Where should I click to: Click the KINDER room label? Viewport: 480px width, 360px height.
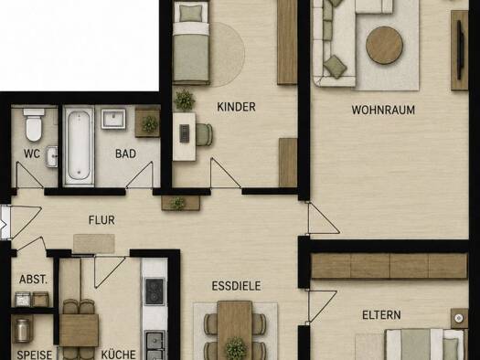(236, 107)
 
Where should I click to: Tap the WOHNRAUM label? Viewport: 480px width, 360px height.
(383, 110)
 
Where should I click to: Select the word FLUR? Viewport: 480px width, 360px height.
(101, 220)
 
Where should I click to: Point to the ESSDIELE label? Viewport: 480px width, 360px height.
(236, 286)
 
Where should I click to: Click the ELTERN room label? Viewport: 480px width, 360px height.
(381, 315)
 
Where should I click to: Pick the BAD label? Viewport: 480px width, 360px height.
(125, 154)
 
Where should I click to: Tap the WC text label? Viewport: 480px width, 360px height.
(32, 154)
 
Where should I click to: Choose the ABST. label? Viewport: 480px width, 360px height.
(33, 280)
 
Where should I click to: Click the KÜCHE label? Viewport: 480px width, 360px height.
(119, 355)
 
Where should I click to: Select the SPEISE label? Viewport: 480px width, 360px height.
(35, 355)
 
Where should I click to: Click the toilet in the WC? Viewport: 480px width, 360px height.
(34, 125)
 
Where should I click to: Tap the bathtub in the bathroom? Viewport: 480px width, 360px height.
(79, 145)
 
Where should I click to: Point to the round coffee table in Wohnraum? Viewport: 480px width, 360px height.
(384, 46)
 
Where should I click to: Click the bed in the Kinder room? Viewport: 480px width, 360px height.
(191, 42)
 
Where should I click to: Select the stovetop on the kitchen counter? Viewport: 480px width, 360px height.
(155, 291)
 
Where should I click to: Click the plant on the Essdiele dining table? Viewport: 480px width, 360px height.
(236, 348)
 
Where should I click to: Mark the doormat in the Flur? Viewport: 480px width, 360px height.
(94, 244)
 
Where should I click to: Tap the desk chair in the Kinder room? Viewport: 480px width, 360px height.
(204, 134)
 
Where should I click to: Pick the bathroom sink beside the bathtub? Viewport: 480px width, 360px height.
(113, 119)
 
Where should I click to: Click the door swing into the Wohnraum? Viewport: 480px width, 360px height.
(323, 218)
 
